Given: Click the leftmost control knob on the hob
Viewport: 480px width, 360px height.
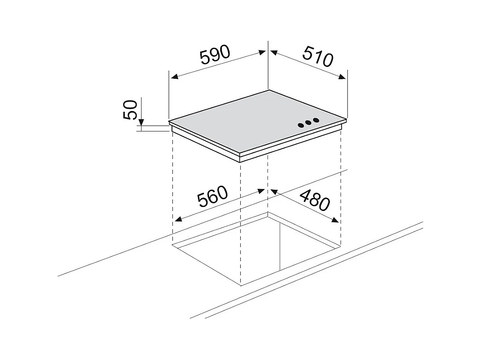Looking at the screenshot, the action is [301, 124].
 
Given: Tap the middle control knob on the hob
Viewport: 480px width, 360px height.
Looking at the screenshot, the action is [309, 122].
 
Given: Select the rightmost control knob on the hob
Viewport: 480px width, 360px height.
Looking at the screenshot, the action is [316, 120].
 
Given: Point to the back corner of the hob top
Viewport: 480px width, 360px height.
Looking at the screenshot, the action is [268, 90].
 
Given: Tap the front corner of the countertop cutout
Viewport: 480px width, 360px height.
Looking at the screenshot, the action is [241, 284].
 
